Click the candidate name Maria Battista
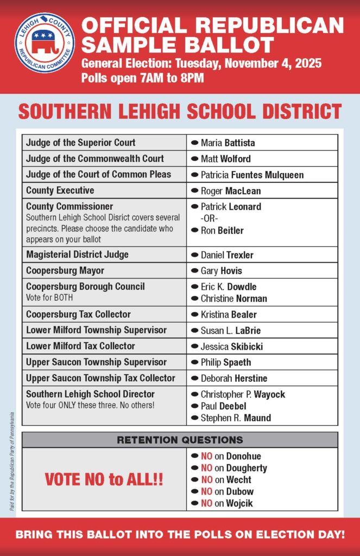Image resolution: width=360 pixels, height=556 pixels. [228, 143]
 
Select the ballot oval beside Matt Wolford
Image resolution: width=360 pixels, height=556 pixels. [194, 159]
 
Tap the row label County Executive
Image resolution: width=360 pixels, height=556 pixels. [60, 191]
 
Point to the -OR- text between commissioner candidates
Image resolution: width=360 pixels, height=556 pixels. [209, 218]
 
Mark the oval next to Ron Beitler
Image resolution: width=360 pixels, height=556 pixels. [194, 230]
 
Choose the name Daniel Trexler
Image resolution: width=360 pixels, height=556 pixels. [227, 255]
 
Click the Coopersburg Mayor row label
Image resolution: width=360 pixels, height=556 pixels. [65, 270]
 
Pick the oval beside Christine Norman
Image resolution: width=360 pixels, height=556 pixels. [194, 299]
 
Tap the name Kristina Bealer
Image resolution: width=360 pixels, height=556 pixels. [229, 314]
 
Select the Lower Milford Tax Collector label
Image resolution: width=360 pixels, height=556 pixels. [80, 346]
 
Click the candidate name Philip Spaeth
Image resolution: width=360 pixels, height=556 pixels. [226, 362]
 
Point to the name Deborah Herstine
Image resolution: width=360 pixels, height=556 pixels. [234, 378]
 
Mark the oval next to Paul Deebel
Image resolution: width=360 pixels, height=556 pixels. [194, 406]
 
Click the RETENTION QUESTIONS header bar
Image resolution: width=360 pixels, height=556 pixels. [180, 440]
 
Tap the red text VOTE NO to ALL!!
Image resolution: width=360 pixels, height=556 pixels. [104, 479]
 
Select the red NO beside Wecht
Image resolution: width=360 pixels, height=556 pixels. [206, 480]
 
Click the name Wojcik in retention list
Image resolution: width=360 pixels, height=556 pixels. [239, 503]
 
